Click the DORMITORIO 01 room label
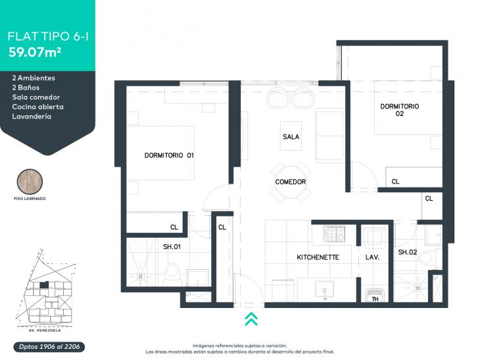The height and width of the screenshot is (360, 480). (x=169, y=155)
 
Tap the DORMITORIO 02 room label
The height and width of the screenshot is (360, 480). (x=400, y=110)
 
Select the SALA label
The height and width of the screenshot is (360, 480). (x=291, y=137)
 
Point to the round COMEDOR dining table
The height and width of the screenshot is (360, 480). (x=291, y=182)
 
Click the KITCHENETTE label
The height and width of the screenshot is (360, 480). (x=318, y=257)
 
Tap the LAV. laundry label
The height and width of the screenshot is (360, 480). (x=372, y=257)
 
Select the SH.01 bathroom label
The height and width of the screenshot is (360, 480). (x=172, y=246)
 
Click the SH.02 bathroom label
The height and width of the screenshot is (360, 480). (x=408, y=252)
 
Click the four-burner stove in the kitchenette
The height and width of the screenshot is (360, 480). (x=334, y=234)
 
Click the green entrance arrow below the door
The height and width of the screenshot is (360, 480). (x=251, y=319)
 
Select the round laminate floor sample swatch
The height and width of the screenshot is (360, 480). (x=30, y=182)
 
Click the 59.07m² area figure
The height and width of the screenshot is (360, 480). (x=35, y=53)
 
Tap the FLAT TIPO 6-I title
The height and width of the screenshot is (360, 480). (x=48, y=36)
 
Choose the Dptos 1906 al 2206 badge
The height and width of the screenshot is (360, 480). (x=49, y=347)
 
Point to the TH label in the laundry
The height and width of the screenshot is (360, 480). (x=375, y=299)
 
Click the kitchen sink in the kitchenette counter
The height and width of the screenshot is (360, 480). (x=324, y=290)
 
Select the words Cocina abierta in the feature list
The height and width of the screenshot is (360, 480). (x=38, y=107)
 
